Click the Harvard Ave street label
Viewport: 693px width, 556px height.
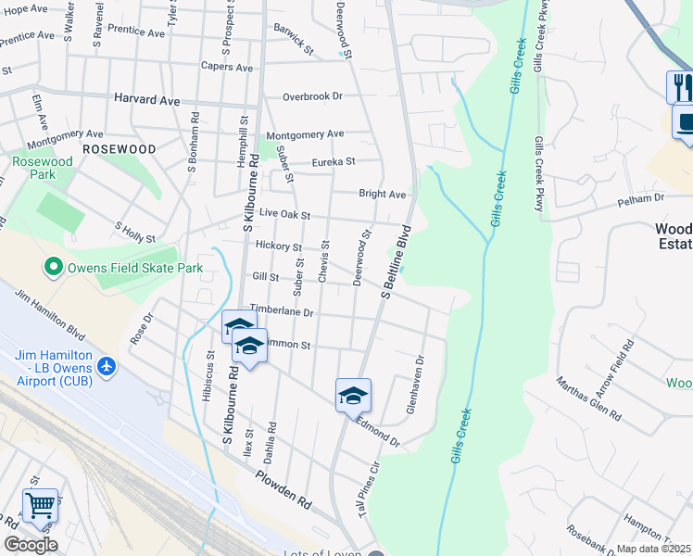click(146, 97)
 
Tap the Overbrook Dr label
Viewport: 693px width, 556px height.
click(312, 96)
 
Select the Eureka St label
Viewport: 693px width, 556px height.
click(334, 161)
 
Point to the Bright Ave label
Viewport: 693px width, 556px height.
click(383, 195)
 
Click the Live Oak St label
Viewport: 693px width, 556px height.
click(283, 215)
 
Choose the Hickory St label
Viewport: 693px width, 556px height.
click(279, 247)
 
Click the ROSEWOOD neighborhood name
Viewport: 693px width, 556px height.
click(119, 148)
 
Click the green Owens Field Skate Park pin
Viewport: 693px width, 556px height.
click(54, 268)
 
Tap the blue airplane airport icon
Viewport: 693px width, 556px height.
click(107, 366)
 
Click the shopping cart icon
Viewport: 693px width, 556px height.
click(40, 506)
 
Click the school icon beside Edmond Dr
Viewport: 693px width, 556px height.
click(353, 396)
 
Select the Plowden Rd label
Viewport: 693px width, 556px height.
click(284, 488)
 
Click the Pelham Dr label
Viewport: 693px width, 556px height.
click(647, 199)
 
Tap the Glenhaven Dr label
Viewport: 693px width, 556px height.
click(414, 385)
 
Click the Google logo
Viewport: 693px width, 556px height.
click(30, 545)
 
